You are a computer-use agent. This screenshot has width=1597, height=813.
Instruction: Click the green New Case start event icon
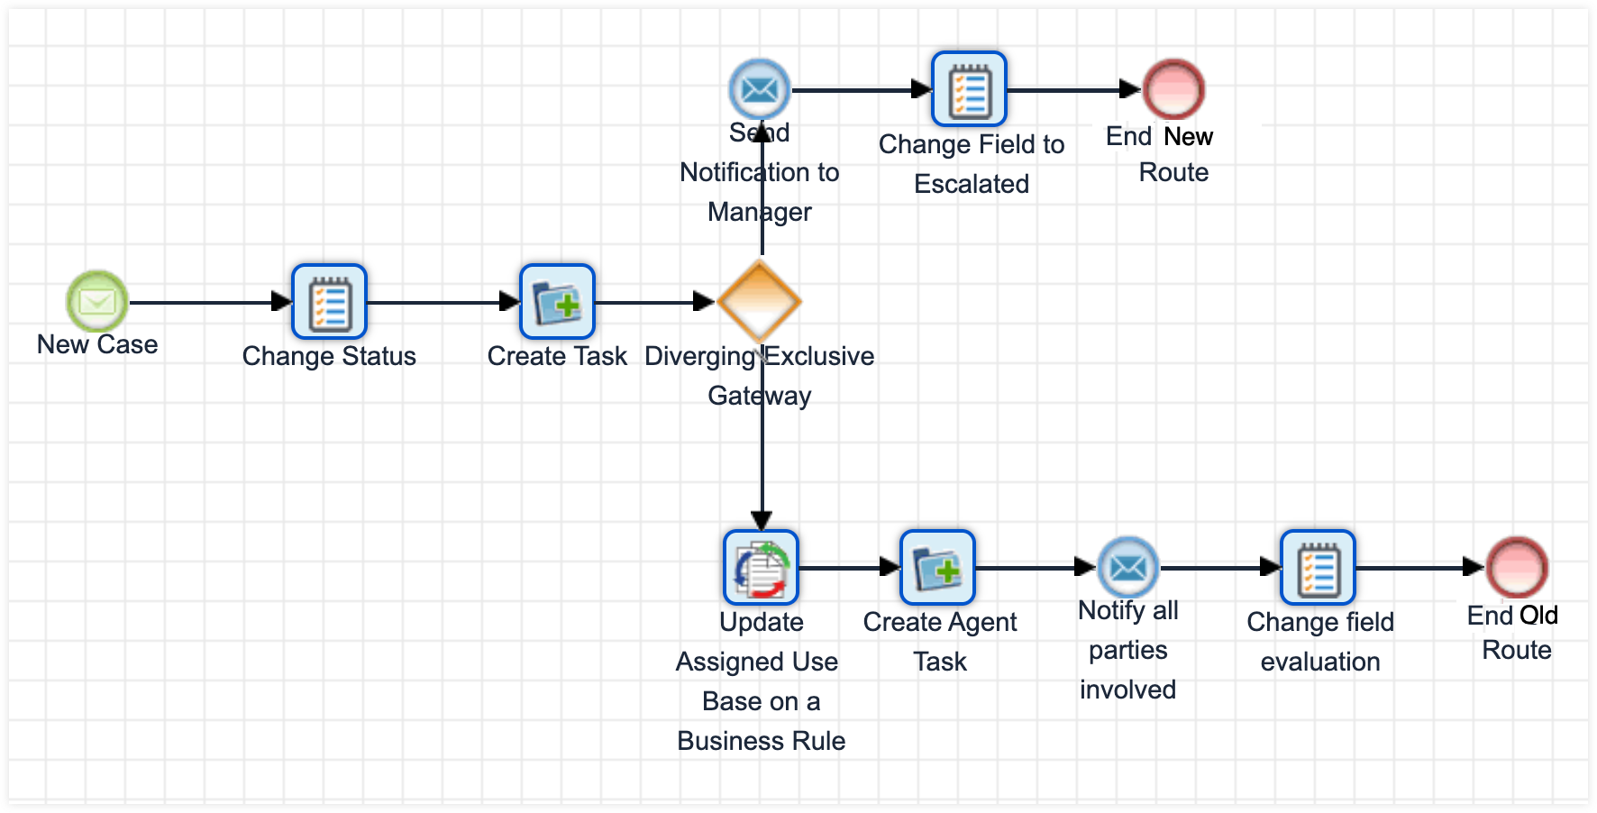97,301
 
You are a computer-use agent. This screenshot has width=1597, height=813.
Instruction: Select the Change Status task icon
329,301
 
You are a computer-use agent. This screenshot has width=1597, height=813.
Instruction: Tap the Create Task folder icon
557,301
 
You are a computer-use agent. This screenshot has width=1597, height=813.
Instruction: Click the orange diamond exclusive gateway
760,301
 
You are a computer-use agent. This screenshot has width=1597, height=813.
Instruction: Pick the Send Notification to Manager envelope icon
760,89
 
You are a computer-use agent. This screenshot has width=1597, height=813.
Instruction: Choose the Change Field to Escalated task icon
969,89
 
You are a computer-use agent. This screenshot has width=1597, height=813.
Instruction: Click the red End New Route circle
1173,89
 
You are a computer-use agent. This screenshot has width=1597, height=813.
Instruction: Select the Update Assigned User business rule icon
761,567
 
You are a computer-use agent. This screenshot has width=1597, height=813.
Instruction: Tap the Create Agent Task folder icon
937,567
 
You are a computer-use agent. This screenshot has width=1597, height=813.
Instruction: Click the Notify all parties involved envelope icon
1128,567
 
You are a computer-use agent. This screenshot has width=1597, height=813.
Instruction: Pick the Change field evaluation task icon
1318,567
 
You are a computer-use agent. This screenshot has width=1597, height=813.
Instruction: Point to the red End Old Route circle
1517,567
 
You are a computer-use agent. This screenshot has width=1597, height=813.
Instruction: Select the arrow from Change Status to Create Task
442,302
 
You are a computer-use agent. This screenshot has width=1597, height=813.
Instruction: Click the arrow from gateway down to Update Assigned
762,460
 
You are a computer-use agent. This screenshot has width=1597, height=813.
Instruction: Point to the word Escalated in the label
972,184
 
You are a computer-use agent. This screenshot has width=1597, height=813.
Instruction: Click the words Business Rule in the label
762,741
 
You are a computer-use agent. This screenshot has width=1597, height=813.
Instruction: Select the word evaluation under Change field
1320,662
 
